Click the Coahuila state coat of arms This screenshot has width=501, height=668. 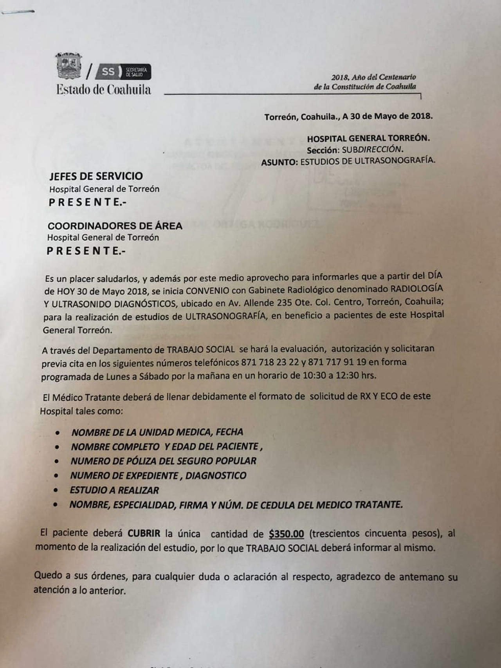pos(69,66)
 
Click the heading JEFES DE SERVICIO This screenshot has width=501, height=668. pos(96,176)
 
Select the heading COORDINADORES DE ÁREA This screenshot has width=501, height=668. pos(115,226)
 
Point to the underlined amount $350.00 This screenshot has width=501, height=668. pos(287,534)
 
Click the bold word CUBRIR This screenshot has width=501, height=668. pos(144,533)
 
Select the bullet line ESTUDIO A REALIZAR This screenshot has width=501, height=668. pos(114,490)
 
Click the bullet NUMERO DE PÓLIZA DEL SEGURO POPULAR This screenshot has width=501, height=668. pos(163,461)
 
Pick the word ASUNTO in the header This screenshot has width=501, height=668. pos(279,162)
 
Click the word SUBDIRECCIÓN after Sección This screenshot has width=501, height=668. pos(372,150)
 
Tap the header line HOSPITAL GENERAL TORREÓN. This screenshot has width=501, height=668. pos(368,138)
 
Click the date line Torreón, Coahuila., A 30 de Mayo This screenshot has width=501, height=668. pos(348,117)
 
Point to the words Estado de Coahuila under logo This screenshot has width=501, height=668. pos(103,90)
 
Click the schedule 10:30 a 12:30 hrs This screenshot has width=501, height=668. pos(339,375)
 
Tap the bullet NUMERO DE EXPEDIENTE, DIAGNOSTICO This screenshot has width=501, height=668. pos(158,476)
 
